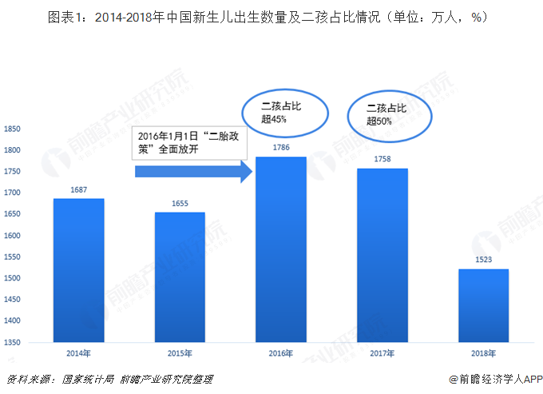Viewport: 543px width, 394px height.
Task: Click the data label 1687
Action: [78, 189]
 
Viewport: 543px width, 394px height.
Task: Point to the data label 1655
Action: [180, 204]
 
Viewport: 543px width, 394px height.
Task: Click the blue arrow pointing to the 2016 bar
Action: [192, 171]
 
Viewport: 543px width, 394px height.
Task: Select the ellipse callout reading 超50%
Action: [388, 115]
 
